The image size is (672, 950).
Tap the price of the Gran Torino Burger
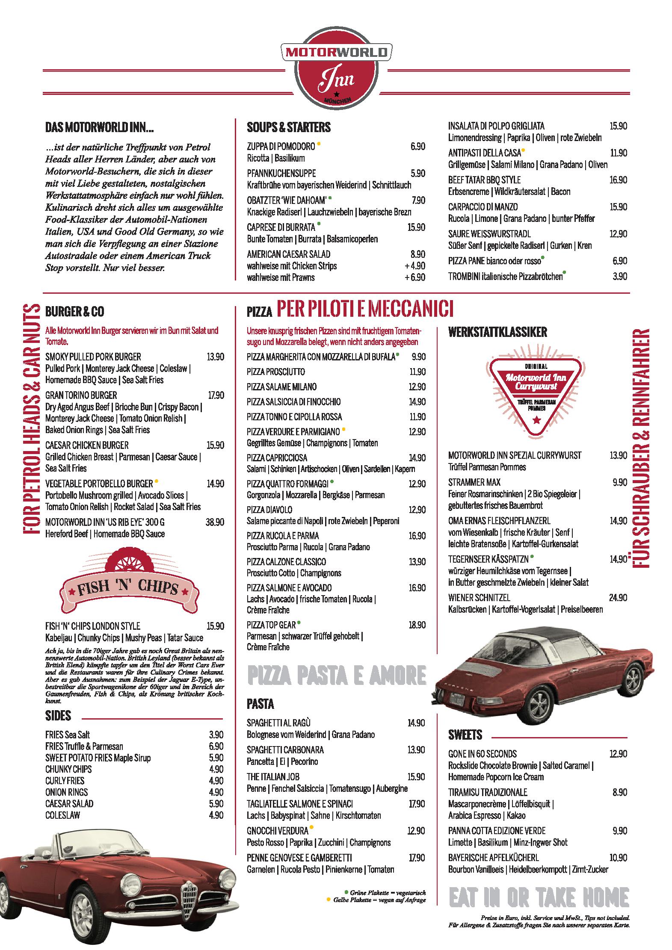pos(216,395)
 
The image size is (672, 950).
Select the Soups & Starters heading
pos(289,127)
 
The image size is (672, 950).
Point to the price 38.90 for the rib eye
pos(215,522)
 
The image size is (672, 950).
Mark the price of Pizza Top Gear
pos(417,625)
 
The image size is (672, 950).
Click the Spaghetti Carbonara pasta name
pos(285,749)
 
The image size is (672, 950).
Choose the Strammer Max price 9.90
pos(619,482)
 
